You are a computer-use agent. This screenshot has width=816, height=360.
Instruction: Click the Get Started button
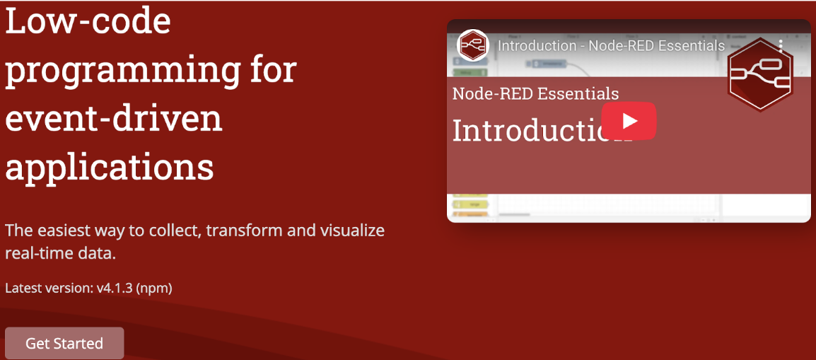tap(64, 343)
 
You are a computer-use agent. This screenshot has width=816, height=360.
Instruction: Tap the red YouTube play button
tap(629, 121)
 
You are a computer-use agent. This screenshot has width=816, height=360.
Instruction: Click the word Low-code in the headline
tap(88, 21)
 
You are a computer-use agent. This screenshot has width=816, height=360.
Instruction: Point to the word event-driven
tap(114, 118)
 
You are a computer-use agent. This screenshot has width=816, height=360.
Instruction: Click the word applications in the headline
tap(110, 167)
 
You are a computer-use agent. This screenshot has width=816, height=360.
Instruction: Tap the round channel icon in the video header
tap(472, 46)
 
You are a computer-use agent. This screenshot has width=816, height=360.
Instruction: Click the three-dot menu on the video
tap(781, 46)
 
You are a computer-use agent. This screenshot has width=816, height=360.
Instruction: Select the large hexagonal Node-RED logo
tap(759, 74)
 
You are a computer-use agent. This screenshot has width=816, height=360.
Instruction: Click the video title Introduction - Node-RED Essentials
tap(611, 46)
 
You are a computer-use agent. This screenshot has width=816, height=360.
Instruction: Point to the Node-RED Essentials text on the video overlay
tap(535, 93)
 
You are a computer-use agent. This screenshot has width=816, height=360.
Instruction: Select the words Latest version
tap(49, 288)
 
